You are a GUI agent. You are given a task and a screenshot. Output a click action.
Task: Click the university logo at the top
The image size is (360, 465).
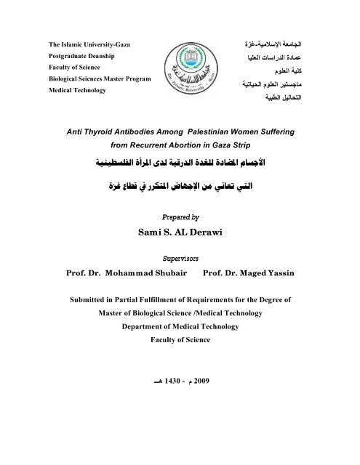(180, 70)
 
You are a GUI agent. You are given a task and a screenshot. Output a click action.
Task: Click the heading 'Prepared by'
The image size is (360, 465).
(180, 217)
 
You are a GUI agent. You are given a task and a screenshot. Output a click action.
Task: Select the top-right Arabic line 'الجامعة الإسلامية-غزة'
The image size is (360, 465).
(284, 46)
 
